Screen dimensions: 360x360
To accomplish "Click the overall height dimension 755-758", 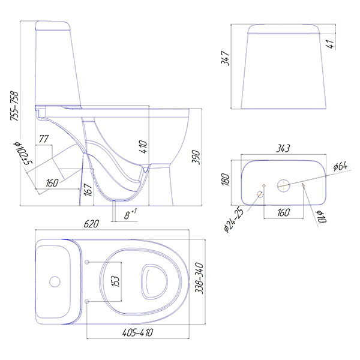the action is (14, 106).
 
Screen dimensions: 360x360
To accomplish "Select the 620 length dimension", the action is (91, 224).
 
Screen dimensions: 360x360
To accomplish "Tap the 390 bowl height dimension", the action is (196, 157).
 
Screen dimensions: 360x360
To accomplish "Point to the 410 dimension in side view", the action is (143, 147).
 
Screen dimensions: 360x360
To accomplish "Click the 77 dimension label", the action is (44, 139).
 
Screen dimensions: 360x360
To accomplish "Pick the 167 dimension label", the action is (88, 190).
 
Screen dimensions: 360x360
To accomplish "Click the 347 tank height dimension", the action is (225, 58).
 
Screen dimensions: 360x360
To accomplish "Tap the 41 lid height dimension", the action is (330, 44).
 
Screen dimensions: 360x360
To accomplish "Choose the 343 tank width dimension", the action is (283, 148).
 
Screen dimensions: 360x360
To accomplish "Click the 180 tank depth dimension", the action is (226, 179).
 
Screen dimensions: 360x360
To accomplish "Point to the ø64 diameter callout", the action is (340, 166).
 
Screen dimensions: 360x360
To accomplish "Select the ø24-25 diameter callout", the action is (233, 218).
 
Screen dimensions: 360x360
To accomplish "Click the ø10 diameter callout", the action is (322, 217).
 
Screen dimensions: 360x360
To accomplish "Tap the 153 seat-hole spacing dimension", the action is (116, 281).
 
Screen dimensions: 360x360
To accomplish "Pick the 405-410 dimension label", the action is (138, 332).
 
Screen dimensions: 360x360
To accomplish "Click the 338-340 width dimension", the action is (199, 278).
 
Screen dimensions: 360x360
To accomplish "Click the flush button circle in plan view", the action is (55, 282).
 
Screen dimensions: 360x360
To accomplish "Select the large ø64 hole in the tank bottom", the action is (284, 185).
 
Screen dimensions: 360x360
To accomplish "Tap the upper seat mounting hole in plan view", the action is (87, 262).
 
